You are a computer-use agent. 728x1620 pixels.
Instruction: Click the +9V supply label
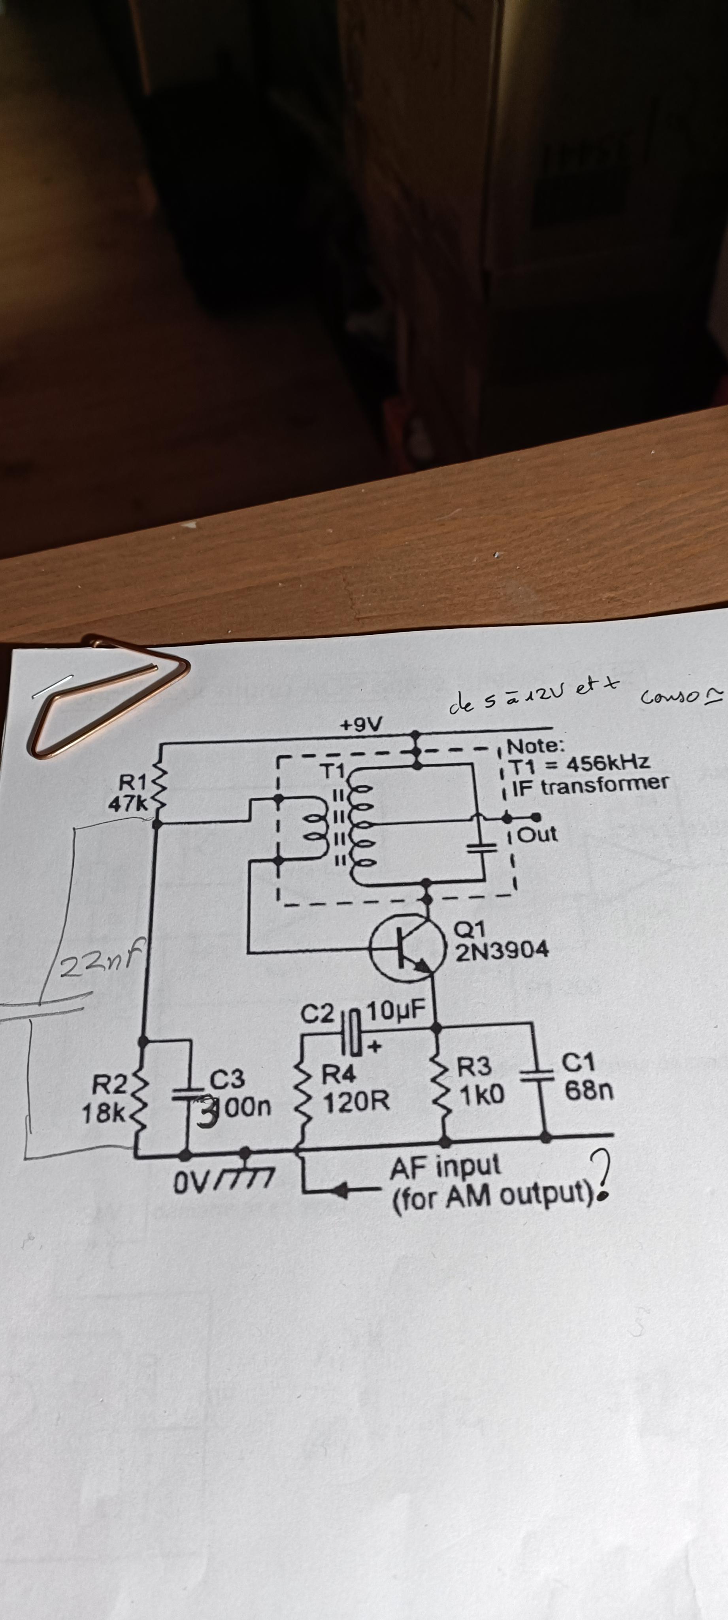365,725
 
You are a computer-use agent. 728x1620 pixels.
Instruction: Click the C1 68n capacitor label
588,1078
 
